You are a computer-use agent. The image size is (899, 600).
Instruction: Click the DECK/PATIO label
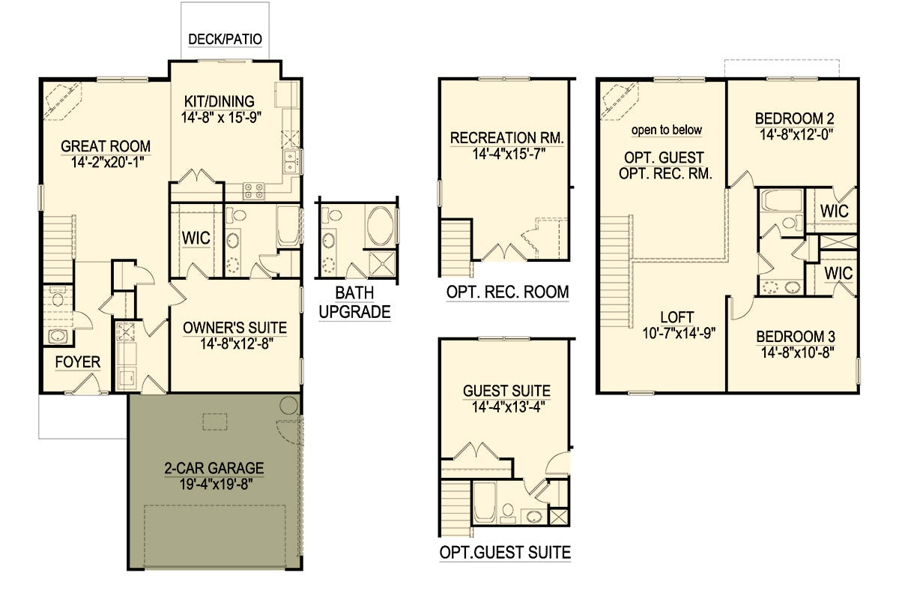tap(225, 40)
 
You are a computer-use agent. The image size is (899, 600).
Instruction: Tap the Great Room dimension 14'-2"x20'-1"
tap(108, 162)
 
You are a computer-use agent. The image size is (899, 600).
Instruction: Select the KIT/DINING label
tap(220, 101)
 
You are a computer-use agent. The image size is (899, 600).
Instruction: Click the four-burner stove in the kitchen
tap(254, 191)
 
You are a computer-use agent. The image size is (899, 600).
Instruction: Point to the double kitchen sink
tap(290, 161)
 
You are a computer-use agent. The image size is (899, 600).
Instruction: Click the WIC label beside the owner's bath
tap(196, 238)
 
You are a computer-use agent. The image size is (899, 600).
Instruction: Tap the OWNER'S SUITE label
tap(234, 328)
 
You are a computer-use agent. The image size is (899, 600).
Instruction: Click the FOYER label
tap(77, 362)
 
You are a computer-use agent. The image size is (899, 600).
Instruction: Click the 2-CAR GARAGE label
tap(214, 468)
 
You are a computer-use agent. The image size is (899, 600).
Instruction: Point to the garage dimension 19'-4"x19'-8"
tap(216, 484)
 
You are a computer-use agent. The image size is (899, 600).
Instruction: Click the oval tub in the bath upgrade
tap(380, 226)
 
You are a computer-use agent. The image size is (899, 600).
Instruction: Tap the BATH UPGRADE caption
tap(355, 302)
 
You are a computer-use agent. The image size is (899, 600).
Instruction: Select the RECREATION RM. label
tap(507, 138)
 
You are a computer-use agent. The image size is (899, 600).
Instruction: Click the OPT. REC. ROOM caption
tap(508, 292)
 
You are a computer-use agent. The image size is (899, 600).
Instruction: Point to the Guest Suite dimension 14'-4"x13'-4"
tap(508, 407)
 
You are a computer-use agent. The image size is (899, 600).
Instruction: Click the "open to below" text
tap(667, 130)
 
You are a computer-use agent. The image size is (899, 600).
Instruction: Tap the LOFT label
tap(677, 317)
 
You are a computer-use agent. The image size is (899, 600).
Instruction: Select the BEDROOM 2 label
tap(795, 118)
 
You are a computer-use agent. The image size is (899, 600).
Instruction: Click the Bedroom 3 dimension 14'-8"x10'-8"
tap(798, 352)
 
